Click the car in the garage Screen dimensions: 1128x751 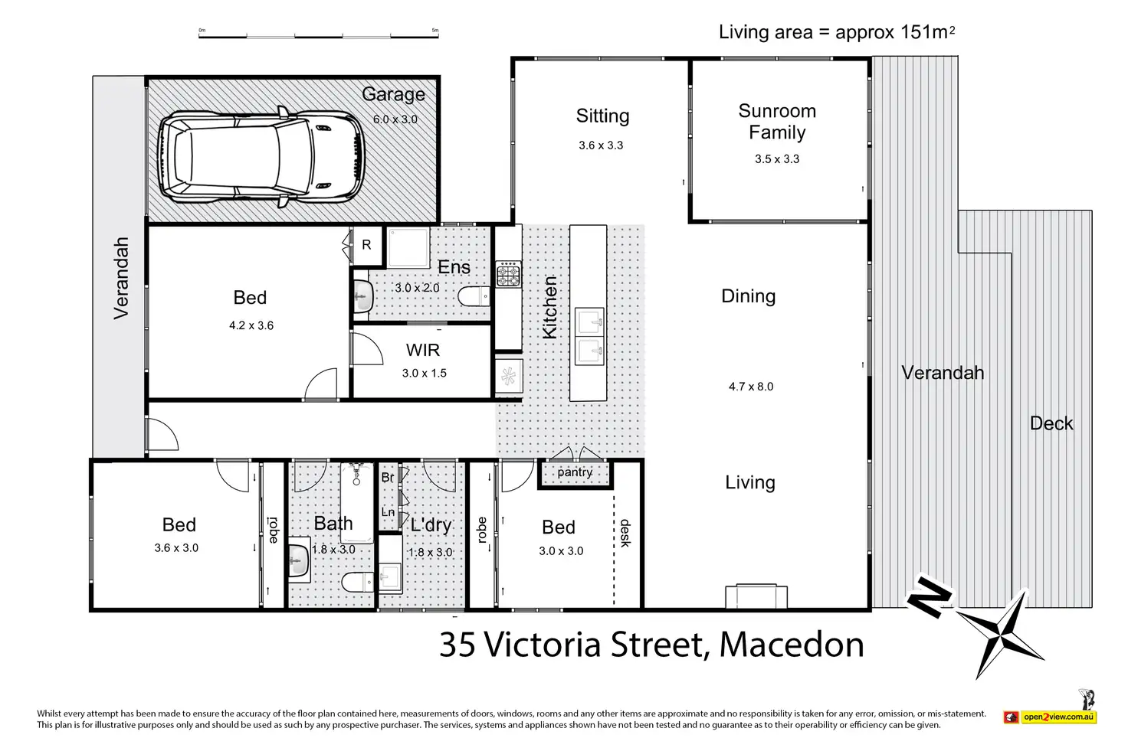tap(261, 157)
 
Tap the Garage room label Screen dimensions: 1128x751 tap(393, 95)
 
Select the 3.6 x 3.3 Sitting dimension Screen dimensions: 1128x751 tap(601, 145)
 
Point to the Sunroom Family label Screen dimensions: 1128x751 tap(777, 122)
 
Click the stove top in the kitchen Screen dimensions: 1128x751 tap(508, 274)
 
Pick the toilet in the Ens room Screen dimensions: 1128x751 tap(474, 296)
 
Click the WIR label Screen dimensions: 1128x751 tap(423, 350)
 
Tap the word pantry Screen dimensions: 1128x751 tap(575, 473)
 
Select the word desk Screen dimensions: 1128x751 tap(625, 533)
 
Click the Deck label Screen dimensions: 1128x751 tap(1051, 423)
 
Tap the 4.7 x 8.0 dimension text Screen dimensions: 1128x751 tap(751, 387)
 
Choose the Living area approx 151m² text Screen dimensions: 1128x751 tap(837, 32)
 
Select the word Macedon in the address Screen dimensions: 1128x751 tap(792, 645)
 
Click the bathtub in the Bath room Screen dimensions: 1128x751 tap(357, 503)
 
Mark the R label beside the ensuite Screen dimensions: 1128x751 tap(366, 245)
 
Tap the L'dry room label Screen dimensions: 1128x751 tap(431, 524)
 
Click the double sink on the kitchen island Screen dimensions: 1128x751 tap(589, 336)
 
